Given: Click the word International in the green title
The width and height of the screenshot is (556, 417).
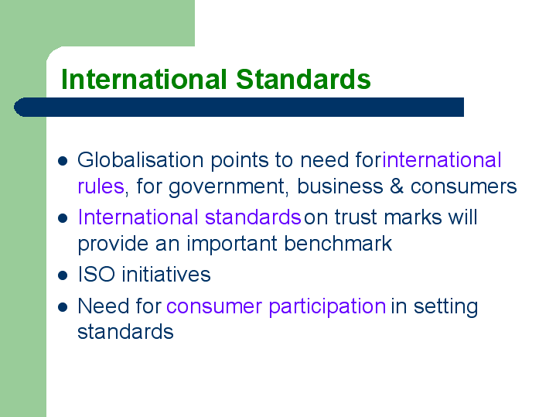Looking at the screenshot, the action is (144, 79).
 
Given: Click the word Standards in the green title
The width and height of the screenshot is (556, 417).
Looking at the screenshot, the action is (304, 79).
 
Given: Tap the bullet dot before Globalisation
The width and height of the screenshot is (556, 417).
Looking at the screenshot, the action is (63, 161).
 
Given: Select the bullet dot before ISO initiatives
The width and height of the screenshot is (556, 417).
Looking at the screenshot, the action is (63, 275).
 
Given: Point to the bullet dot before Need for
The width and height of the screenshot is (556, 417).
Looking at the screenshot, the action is (63, 307).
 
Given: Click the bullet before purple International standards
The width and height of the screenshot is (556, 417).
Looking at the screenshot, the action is (63, 218).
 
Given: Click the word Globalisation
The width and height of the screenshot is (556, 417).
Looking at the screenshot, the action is (141, 160).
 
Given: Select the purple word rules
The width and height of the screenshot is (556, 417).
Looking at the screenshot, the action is (101, 186).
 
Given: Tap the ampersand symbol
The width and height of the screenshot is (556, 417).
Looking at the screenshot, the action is (397, 186).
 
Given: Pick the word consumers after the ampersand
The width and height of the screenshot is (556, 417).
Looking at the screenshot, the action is (464, 187).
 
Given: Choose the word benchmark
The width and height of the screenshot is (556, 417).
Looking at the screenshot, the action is (338, 244).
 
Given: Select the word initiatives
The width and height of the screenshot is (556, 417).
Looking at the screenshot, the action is (166, 275).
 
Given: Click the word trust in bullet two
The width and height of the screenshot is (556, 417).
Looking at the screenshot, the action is (356, 217).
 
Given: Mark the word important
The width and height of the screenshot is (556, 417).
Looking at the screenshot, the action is (232, 244).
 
